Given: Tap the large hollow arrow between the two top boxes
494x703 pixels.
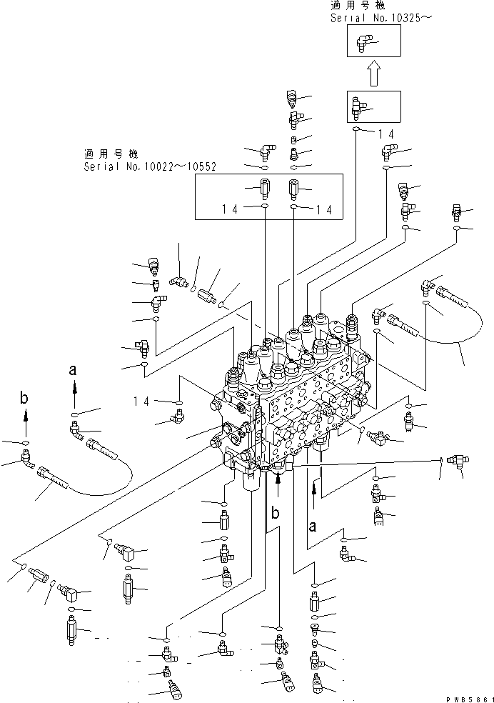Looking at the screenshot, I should click(374, 73).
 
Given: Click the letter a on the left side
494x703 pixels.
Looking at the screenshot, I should click(73, 370).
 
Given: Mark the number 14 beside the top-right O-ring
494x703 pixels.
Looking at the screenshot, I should click(385, 133).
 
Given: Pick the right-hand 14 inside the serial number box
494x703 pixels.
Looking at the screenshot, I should click(323, 209).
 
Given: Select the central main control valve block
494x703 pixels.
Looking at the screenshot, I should click(300, 400).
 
